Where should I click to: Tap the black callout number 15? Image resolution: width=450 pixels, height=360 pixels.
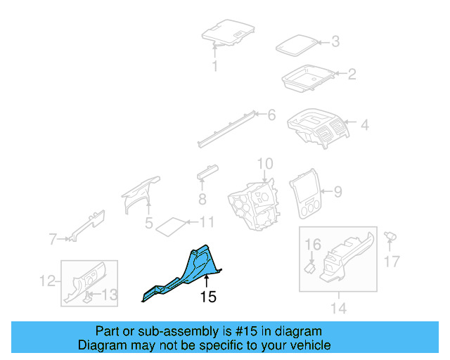[x=208, y=297]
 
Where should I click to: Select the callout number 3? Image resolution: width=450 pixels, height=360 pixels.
[x=335, y=41]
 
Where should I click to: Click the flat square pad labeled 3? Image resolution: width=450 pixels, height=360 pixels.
[x=297, y=46]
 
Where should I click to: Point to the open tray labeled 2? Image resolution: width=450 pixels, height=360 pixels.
[x=308, y=78]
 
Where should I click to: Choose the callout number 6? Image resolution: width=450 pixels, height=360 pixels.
[x=271, y=115]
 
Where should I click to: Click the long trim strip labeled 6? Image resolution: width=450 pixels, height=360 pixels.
[x=226, y=129]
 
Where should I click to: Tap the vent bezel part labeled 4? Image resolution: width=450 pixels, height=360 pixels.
[x=319, y=128]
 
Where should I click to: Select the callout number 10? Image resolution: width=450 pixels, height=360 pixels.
[x=265, y=164]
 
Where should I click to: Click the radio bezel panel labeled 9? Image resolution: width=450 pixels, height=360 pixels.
[x=305, y=193]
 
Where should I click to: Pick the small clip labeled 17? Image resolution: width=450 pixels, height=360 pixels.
[x=390, y=236]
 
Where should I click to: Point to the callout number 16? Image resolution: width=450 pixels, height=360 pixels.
[x=312, y=245]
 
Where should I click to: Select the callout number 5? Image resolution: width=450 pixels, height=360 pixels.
[x=148, y=223]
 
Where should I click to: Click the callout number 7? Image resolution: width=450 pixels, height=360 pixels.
[x=53, y=239]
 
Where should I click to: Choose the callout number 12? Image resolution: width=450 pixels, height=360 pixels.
[x=47, y=281]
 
